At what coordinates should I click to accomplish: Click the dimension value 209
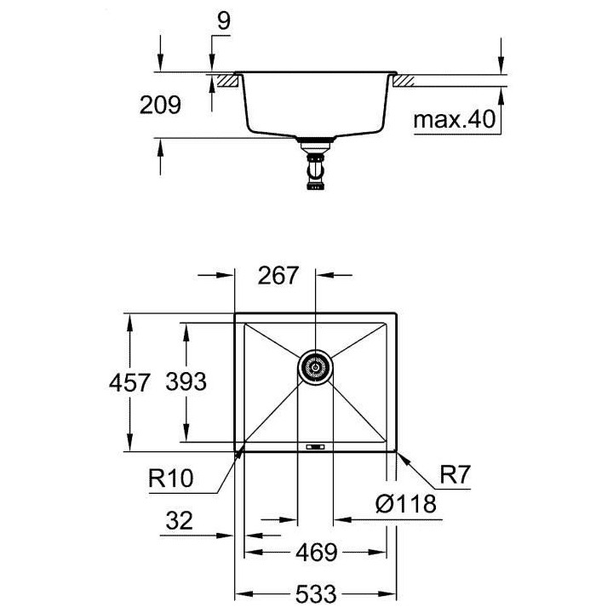point(161,105)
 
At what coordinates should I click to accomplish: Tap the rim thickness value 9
point(223,23)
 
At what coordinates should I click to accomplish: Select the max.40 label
point(454,121)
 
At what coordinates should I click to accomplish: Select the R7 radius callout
point(455,473)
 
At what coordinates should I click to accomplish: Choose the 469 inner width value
point(315,553)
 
